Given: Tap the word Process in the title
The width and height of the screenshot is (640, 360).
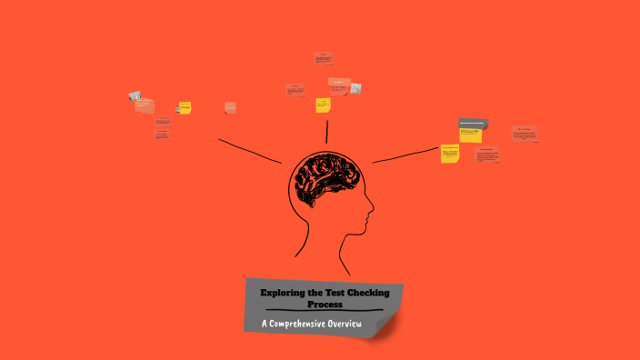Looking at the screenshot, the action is tap(324, 305).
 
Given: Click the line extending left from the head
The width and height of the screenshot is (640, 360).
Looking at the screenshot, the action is tap(250, 151).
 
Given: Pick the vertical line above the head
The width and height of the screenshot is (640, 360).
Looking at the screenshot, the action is tap(327, 130).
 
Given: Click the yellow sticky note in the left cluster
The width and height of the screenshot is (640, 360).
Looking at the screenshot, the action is tap(185, 108).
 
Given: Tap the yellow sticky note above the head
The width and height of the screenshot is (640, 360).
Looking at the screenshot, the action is tap(323, 105).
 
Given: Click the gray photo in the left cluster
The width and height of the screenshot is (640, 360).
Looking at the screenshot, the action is tap(135, 95).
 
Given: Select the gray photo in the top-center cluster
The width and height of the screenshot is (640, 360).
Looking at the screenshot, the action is tap(355, 88).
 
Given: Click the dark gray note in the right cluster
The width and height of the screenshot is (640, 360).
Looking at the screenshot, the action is tap(473, 124).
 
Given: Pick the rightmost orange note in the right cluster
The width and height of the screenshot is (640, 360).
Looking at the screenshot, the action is tap(524, 133).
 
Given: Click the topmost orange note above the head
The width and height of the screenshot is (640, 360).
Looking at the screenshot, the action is tap(323, 59).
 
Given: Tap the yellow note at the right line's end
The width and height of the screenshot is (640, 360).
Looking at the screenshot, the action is tap(450, 154).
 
